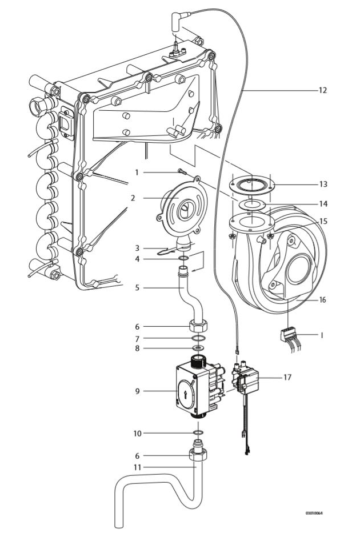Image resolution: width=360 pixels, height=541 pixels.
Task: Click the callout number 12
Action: [323, 90]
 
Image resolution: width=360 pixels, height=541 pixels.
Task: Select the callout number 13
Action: [323, 185]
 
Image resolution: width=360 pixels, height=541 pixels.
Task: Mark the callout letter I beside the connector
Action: [322, 336]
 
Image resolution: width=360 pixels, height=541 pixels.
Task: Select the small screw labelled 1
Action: [181, 171]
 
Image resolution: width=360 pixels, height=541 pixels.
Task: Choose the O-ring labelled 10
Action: [197, 434]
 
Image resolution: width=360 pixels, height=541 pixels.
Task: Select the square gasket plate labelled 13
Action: [251, 185]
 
